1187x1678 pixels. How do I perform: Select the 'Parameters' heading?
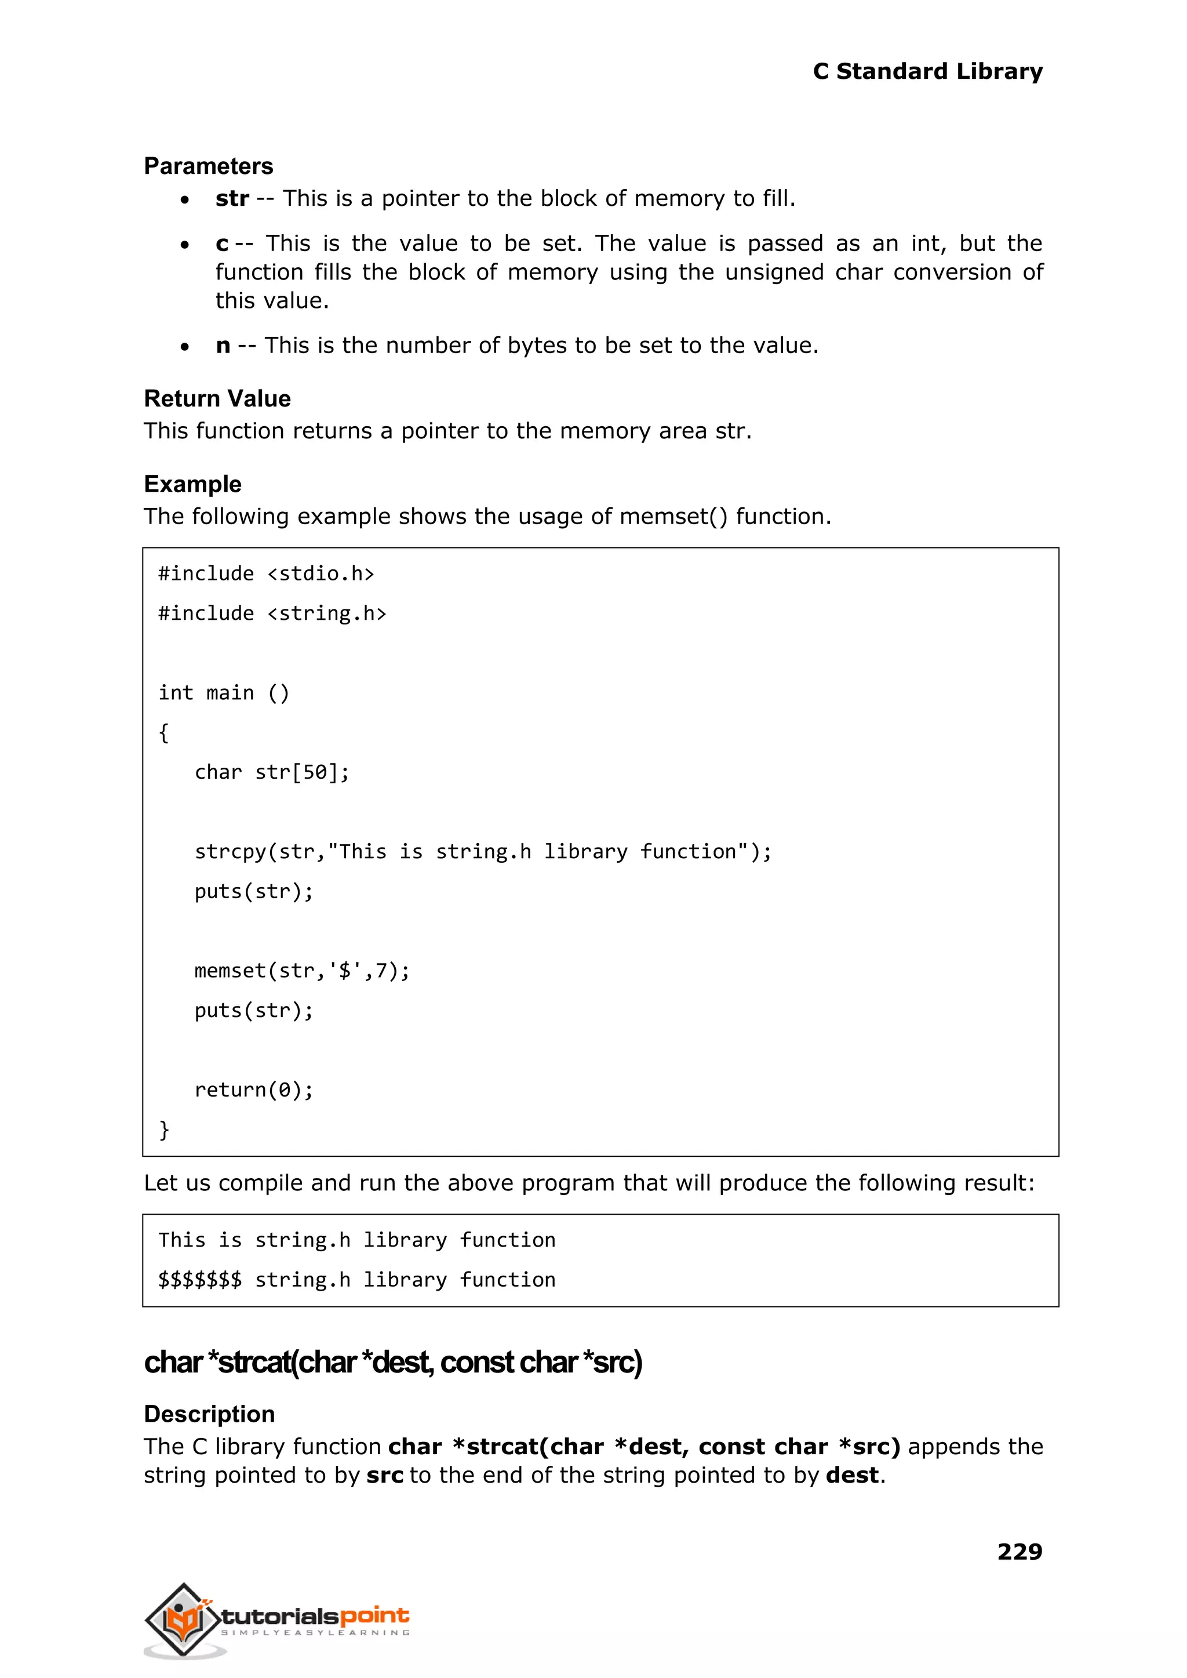[208, 166]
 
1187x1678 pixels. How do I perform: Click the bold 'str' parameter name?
[232, 198]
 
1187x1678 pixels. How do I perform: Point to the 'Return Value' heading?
[217, 398]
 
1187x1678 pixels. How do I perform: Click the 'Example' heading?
[192, 484]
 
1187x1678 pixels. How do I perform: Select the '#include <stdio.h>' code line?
[266, 574]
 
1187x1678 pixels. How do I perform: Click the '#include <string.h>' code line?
[272, 613]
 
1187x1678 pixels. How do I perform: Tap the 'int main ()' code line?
[224, 692]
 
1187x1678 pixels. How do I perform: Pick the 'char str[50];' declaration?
[272, 772]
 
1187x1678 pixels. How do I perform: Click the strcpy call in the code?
[482, 852]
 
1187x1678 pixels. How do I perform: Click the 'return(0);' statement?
[254, 1090]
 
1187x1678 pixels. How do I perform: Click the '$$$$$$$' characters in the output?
[199, 1280]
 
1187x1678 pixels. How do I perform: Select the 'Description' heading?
[209, 1414]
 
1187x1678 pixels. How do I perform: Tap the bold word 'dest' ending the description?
[851, 1476]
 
